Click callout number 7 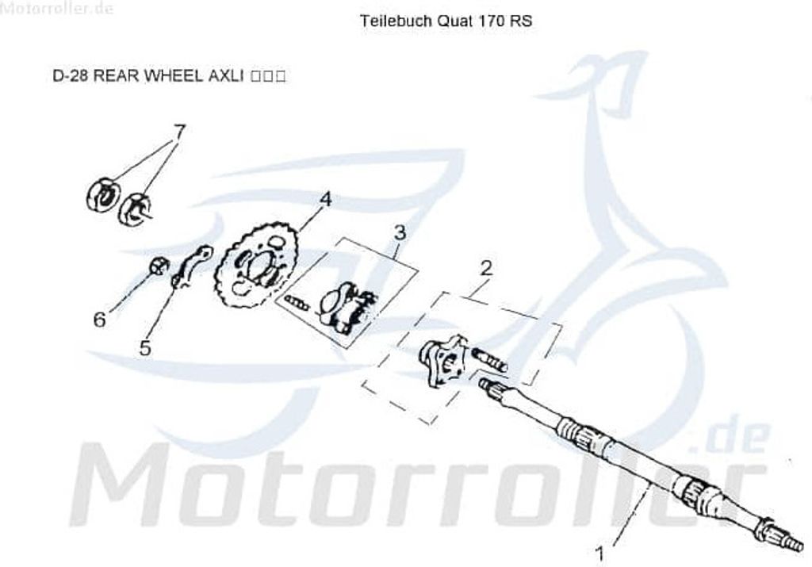pyautogui.click(x=179, y=131)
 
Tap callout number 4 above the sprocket pyautogui.click(x=325, y=199)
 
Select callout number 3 pyautogui.click(x=400, y=232)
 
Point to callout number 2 pyautogui.click(x=485, y=268)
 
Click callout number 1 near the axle pyautogui.click(x=600, y=549)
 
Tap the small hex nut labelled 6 pyautogui.click(x=158, y=265)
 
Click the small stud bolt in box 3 pyautogui.click(x=296, y=301)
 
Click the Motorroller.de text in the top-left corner pyautogui.click(x=57, y=9)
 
